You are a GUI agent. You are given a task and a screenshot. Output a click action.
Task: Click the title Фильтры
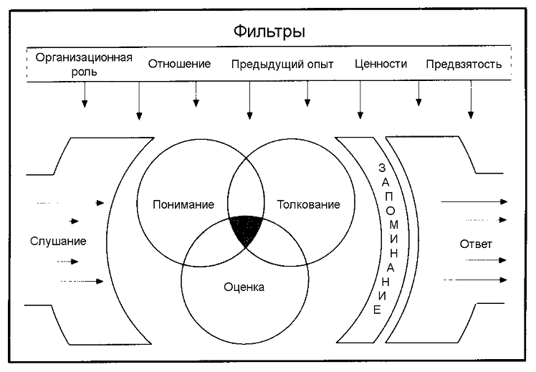[x=269, y=32]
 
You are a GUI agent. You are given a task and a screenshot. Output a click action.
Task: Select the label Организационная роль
[x=84, y=65]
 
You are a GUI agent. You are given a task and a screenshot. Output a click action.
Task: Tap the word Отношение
[x=179, y=64]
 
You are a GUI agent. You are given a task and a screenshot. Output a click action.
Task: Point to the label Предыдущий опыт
[x=282, y=65]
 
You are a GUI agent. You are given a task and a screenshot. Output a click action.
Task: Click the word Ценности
[x=381, y=64]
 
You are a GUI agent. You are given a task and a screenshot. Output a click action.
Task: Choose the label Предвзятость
[x=464, y=65]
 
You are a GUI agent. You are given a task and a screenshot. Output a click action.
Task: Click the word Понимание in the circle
[x=183, y=204]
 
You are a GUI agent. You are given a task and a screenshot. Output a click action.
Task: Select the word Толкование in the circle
[x=308, y=204]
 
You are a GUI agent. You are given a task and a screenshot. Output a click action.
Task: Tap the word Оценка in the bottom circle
[x=244, y=287]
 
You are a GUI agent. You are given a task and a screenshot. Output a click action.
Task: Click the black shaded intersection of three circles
[x=246, y=229]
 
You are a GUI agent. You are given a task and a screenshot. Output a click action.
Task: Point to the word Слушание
[x=58, y=242]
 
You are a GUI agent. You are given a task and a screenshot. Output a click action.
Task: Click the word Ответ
[x=476, y=244]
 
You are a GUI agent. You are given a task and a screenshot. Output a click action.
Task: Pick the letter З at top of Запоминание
[x=382, y=168]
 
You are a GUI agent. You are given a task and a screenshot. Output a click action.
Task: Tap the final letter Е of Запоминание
[x=377, y=310]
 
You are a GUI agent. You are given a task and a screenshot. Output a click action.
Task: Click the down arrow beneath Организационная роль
[x=85, y=95]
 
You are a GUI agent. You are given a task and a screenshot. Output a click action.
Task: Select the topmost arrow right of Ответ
[x=474, y=201]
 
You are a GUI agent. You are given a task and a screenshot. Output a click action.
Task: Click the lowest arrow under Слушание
[x=82, y=282]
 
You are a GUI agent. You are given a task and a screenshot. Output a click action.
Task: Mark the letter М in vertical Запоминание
[x=394, y=224]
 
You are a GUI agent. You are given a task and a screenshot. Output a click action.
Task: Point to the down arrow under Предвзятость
[x=471, y=100]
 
